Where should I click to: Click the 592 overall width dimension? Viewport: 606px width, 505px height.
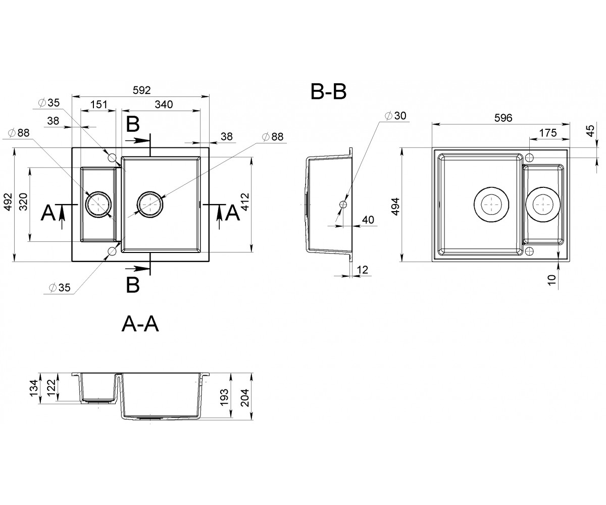point(141,90)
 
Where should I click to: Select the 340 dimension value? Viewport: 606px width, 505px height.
point(164,104)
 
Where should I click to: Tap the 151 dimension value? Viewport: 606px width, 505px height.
point(99,104)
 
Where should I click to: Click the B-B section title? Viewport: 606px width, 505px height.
point(328,92)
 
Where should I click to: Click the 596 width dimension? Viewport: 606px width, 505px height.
point(503,118)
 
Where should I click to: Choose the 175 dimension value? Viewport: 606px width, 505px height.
point(548,133)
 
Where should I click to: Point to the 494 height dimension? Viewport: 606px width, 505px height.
point(395,207)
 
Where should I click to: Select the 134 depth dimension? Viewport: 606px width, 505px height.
point(34,388)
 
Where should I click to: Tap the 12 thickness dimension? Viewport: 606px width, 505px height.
point(362,270)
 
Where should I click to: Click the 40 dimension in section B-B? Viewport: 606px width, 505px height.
point(368,220)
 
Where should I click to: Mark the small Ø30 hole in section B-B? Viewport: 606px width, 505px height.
point(343,205)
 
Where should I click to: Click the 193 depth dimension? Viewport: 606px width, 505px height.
point(225,397)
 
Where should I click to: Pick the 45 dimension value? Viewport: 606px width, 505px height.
point(590,131)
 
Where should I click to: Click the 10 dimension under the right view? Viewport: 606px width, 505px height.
point(551,280)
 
